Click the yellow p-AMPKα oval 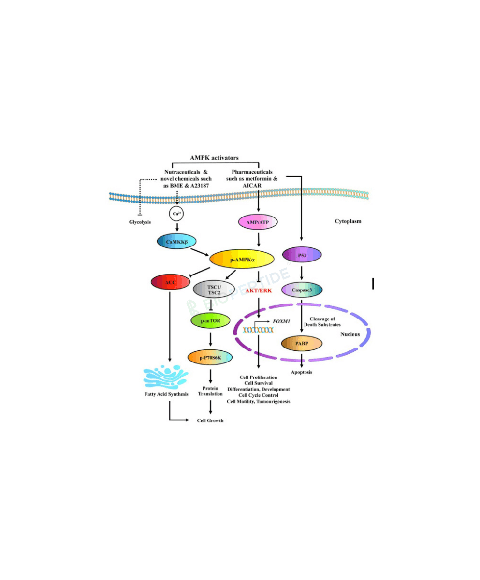click(242, 259)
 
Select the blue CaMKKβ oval click(176, 241)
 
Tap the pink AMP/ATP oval click(258, 222)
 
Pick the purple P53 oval click(302, 254)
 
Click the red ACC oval click(170, 282)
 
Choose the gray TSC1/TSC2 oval click(214, 289)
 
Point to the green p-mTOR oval click(210, 320)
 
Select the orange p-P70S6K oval click(210, 357)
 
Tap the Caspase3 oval click(302, 290)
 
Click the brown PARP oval click(302, 343)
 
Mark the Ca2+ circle click(176, 214)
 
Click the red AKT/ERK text click(258, 290)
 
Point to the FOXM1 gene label click(281, 321)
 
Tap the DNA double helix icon click(258, 330)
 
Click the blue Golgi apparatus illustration click(166, 377)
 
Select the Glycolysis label click(140, 222)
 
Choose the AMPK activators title click(214, 158)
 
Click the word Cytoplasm click(348, 221)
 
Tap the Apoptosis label click(301, 372)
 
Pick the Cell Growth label click(210, 420)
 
